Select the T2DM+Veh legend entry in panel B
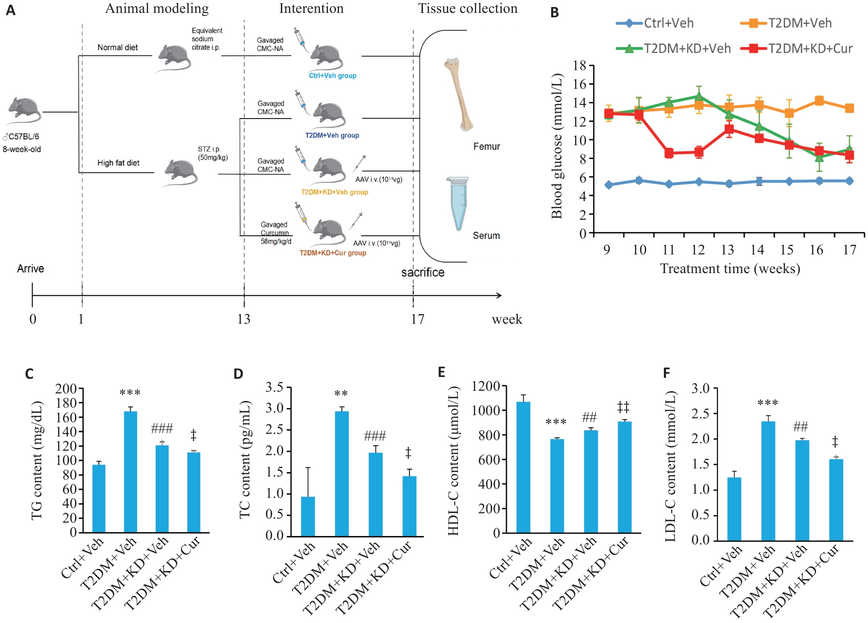click(x=786, y=23)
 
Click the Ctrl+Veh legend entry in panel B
click(x=655, y=23)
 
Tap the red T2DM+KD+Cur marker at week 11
click(x=669, y=153)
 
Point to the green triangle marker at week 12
click(x=699, y=96)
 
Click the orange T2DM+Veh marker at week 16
click(x=819, y=101)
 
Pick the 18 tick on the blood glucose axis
click(x=580, y=66)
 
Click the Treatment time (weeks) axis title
click(x=730, y=269)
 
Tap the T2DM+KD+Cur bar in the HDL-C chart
click(x=624, y=477)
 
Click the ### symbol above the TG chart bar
click(x=162, y=429)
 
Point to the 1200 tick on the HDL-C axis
click(x=485, y=386)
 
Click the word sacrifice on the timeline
click(x=423, y=272)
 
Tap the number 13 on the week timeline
click(x=244, y=319)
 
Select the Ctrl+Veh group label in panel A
click(x=332, y=76)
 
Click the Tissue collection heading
click(x=468, y=8)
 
